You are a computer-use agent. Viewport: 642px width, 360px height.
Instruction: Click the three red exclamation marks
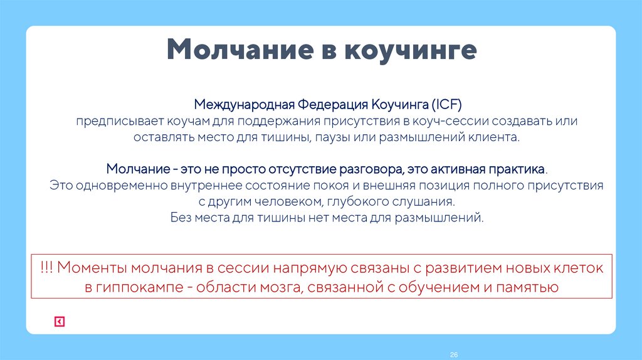pyautogui.click(x=45, y=268)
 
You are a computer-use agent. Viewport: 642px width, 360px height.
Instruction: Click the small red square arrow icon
pyautogui.click(x=59, y=322)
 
